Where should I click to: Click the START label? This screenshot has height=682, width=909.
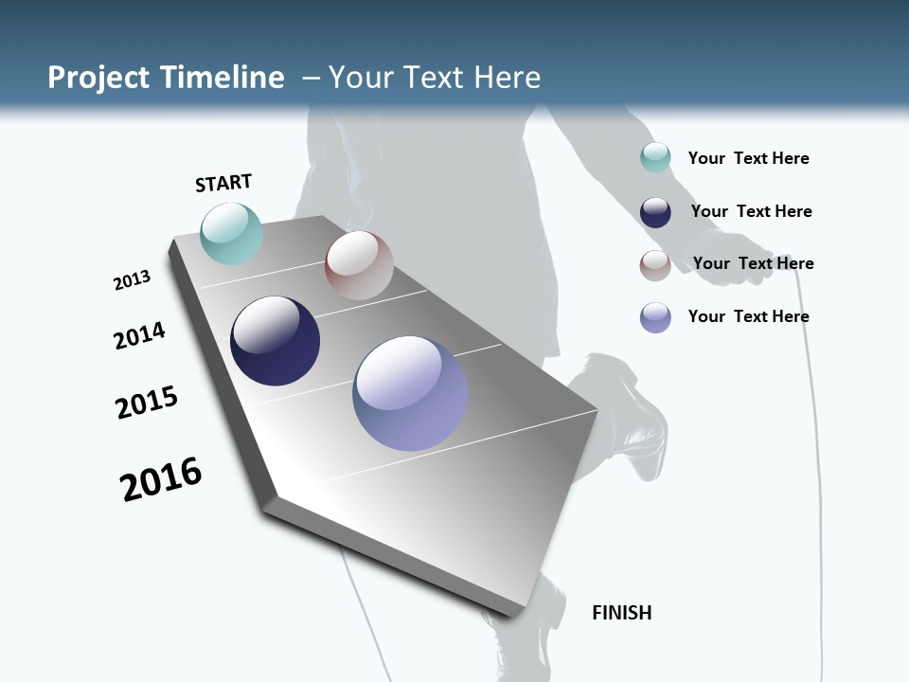pyautogui.click(x=223, y=183)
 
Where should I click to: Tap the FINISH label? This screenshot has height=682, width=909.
pyautogui.click(x=621, y=613)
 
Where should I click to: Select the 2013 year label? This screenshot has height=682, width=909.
pyautogui.click(x=132, y=280)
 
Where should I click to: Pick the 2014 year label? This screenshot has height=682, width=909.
pyautogui.click(x=139, y=335)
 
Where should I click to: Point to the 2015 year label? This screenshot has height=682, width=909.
pyautogui.click(x=147, y=403)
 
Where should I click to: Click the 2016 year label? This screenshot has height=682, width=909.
pyautogui.click(x=161, y=479)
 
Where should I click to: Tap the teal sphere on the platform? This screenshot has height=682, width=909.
pyautogui.click(x=231, y=234)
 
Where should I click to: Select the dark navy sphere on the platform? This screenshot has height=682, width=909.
pyautogui.click(x=275, y=341)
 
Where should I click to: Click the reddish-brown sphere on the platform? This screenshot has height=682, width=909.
pyautogui.click(x=359, y=265)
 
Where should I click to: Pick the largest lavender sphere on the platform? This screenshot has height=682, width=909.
pyautogui.click(x=410, y=393)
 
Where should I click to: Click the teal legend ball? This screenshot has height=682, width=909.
pyautogui.click(x=655, y=157)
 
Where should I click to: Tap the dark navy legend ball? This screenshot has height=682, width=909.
pyautogui.click(x=655, y=212)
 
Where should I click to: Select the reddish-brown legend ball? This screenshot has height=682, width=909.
pyautogui.click(x=655, y=265)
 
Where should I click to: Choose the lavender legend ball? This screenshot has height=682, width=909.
pyautogui.click(x=655, y=317)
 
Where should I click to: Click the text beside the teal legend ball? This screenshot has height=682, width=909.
pyautogui.click(x=748, y=158)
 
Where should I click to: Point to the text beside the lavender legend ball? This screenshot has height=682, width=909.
pyautogui.click(x=748, y=316)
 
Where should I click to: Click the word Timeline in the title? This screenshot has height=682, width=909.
pyautogui.click(x=223, y=78)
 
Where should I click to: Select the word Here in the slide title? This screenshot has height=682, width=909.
pyautogui.click(x=507, y=78)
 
